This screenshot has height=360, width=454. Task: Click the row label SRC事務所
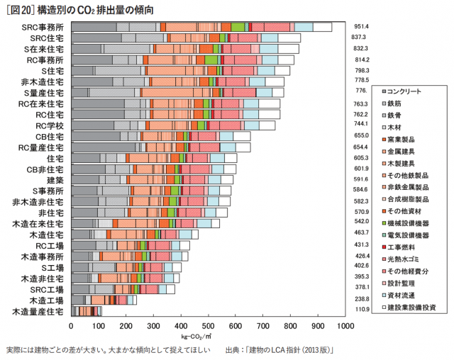pos(42,26)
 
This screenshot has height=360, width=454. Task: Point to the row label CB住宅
pos(50,136)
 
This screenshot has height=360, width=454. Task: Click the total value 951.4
pos(362,26)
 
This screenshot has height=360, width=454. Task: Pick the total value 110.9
pos(362,310)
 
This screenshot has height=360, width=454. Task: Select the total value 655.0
pos(362,135)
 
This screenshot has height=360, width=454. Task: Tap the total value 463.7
pos(362,232)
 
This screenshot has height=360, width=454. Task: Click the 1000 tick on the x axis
pos(345,326)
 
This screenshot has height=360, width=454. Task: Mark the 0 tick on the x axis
pos(71,326)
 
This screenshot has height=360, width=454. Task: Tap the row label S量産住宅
pos(44,93)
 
